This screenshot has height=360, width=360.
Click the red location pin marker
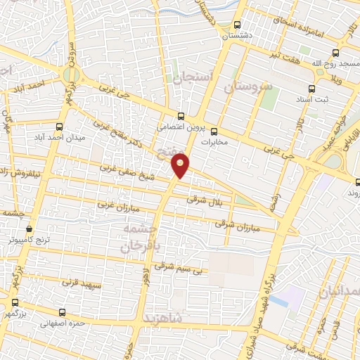(181, 165)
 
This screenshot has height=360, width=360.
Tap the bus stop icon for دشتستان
(237, 23)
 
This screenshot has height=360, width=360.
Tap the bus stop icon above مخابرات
(214, 131)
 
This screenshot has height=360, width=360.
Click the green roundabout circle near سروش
(71, 74)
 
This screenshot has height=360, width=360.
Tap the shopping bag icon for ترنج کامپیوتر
(29, 228)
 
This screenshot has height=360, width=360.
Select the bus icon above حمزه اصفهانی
(64, 312)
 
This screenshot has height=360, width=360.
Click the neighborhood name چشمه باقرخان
(141, 238)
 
